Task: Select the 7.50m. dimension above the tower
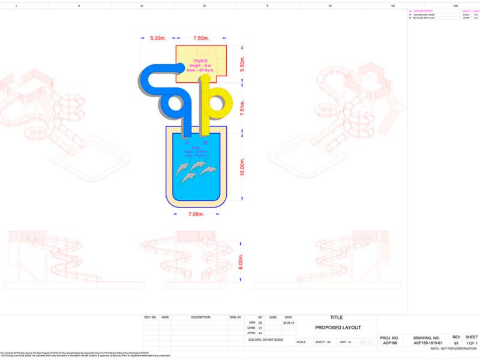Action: [201, 38]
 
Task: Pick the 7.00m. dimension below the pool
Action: [197, 214]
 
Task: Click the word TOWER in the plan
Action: [200, 61]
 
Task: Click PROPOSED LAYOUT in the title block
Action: [338, 328]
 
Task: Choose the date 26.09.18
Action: [288, 322]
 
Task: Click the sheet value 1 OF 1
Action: [471, 344]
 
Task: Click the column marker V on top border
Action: [267, 5]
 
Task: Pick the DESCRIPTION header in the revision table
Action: [200, 317]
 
